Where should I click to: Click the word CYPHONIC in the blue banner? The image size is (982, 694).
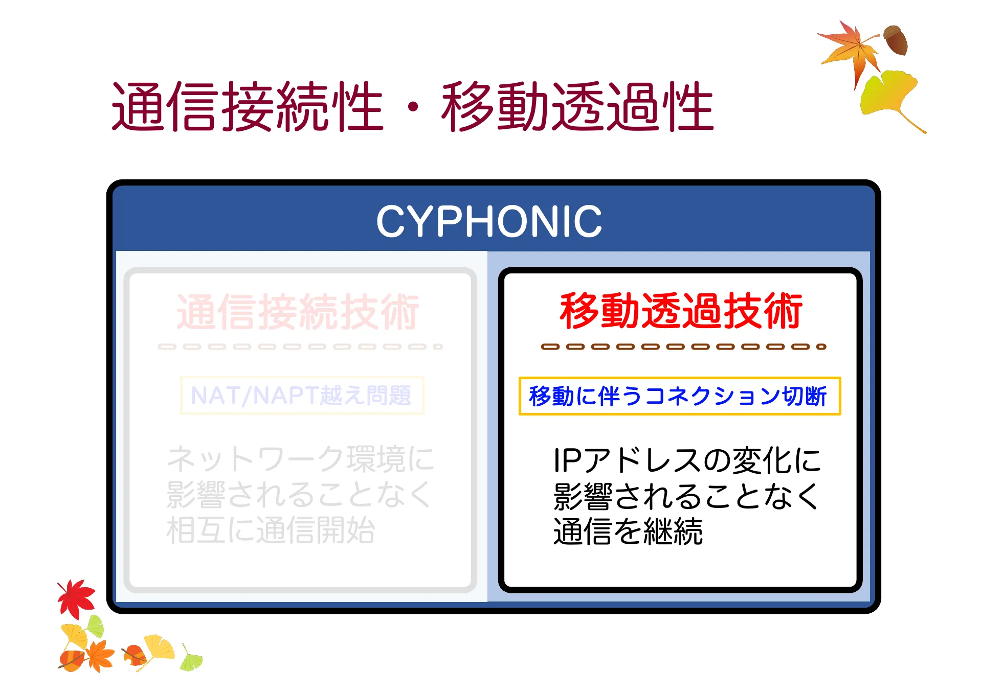(489, 221)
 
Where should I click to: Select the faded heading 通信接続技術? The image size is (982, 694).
(298, 312)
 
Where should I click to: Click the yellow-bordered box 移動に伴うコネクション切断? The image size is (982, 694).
(679, 396)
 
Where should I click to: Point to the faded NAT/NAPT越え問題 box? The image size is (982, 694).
(302, 396)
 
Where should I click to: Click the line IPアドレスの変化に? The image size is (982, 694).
(687, 460)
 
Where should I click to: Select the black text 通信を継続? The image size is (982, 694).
(628, 531)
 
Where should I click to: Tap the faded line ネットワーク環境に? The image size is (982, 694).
(300, 458)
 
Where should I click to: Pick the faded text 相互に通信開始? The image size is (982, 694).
(271, 530)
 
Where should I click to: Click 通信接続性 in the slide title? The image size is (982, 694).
(248, 106)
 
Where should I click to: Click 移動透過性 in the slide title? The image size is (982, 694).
(578, 106)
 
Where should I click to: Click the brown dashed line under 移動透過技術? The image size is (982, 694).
(684, 346)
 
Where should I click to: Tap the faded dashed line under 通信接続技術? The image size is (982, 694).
(300, 346)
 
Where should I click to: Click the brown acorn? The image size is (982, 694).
(896, 40)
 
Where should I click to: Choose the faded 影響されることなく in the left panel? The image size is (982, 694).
(299, 494)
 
